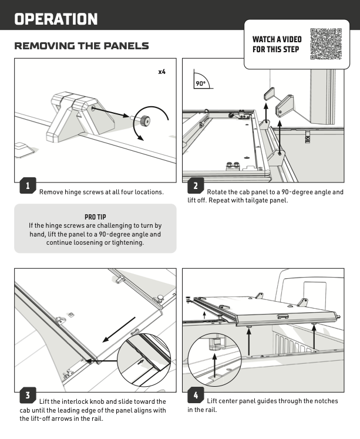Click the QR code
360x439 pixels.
[326, 44]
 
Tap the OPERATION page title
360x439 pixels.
[56, 19]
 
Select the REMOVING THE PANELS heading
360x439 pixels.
[82, 46]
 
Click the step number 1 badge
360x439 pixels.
[28, 185]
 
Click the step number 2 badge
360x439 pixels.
[196, 185]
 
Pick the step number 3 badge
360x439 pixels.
[28, 395]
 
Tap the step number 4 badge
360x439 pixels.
[196, 395]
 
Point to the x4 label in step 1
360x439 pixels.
[162, 72]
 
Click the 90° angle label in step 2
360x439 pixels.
[201, 83]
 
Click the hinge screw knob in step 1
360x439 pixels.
[145, 121]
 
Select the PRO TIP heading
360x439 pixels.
[95, 217]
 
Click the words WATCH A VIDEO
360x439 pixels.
[277, 39]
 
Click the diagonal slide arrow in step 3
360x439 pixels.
[119, 329]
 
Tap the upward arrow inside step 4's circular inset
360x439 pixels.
[214, 366]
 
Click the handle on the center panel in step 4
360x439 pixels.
[283, 316]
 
